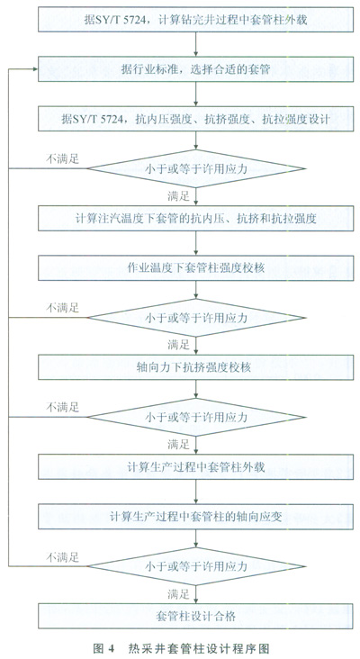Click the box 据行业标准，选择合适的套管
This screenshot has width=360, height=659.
pos(196,69)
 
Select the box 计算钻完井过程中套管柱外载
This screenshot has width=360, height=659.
pos(196,19)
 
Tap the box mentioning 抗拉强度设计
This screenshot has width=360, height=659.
pos(196,119)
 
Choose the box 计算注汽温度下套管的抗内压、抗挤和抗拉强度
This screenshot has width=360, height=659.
pos(196,218)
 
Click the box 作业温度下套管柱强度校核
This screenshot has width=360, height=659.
pos(196,267)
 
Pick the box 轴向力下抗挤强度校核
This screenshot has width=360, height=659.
pos(196,367)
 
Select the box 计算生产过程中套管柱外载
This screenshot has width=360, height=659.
pos(196,467)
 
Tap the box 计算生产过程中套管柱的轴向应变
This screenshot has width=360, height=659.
pos(196,517)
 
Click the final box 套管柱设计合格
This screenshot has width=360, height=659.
pos(196,616)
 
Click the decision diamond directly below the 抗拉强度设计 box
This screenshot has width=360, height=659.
pos(196,168)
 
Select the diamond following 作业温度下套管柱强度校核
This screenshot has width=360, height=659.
pos(196,318)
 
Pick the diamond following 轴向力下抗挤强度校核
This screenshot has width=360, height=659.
pos(196,418)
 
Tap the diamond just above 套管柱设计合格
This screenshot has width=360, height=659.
pos(196,566)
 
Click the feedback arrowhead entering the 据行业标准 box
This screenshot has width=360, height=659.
pos(35,69)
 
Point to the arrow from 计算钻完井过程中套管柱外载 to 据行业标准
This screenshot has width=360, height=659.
pos(196,44)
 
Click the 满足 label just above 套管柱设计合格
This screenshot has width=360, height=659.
pos(178,594)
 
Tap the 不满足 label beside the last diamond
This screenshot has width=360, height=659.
pos(63,557)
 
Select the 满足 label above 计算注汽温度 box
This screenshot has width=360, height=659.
pos(178,196)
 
